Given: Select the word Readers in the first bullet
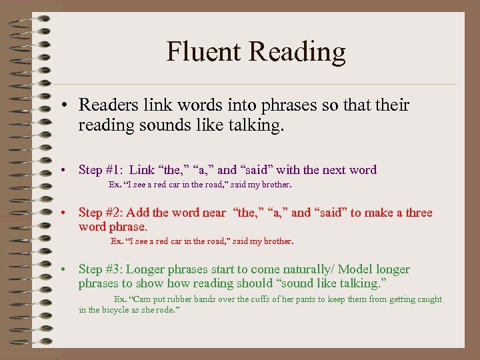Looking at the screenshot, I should (106, 105).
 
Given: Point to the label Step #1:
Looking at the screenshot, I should (100, 170).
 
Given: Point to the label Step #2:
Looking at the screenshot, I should (100, 213).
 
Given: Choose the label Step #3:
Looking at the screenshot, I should (100, 269).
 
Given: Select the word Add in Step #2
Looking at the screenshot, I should (137, 213).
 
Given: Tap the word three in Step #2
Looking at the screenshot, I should (419, 213).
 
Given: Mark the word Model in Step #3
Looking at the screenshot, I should (357, 269).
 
